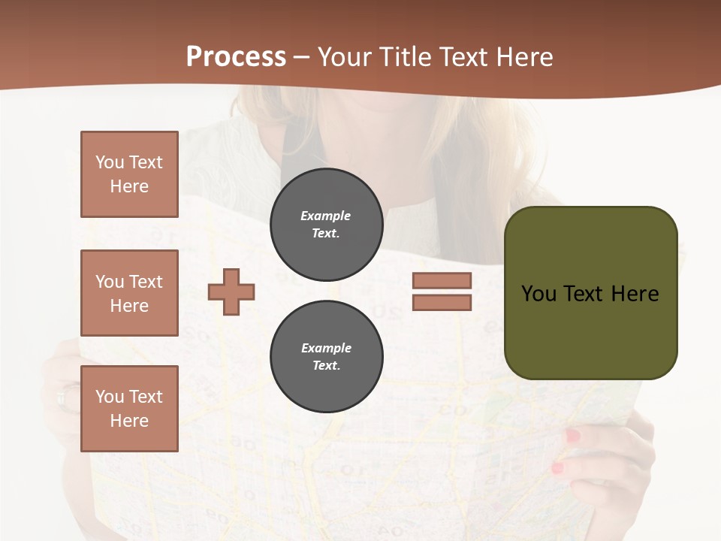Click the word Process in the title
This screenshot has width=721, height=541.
(236, 57)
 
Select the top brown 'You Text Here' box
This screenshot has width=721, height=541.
(129, 174)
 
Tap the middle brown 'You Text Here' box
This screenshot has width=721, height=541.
(129, 293)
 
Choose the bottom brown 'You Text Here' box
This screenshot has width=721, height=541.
(129, 409)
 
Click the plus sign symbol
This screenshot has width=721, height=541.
(231, 292)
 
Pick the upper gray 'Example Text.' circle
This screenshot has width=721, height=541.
(326, 225)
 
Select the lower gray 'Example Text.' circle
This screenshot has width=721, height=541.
(326, 357)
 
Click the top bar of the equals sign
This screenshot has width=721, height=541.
(442, 281)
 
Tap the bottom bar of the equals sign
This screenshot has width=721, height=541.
(442, 303)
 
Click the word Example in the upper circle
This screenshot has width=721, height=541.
(326, 216)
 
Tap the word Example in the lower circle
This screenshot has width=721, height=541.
(326, 349)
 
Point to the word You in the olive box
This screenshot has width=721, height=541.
(538, 294)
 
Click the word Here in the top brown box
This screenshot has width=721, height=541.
(129, 186)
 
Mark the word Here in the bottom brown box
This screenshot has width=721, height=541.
(129, 421)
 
